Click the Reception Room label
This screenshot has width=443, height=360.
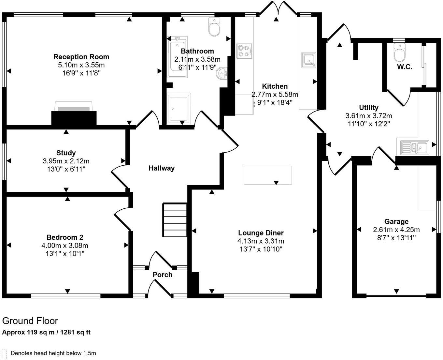point(81,57)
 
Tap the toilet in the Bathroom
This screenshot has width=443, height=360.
point(214,27)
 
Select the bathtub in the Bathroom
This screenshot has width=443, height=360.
point(177,57)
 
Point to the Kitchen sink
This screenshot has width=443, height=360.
point(308,60)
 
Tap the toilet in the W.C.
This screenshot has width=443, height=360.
point(398,52)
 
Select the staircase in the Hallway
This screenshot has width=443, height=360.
point(175,220)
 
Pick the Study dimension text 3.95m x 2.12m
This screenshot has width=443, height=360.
point(66,161)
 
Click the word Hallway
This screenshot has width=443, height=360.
point(162,168)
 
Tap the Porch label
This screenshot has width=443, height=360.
point(163,275)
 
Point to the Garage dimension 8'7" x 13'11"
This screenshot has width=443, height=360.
point(396,238)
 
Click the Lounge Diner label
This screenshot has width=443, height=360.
point(261,233)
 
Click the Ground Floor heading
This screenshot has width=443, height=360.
point(30,321)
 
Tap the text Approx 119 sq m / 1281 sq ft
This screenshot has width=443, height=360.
point(46,333)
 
